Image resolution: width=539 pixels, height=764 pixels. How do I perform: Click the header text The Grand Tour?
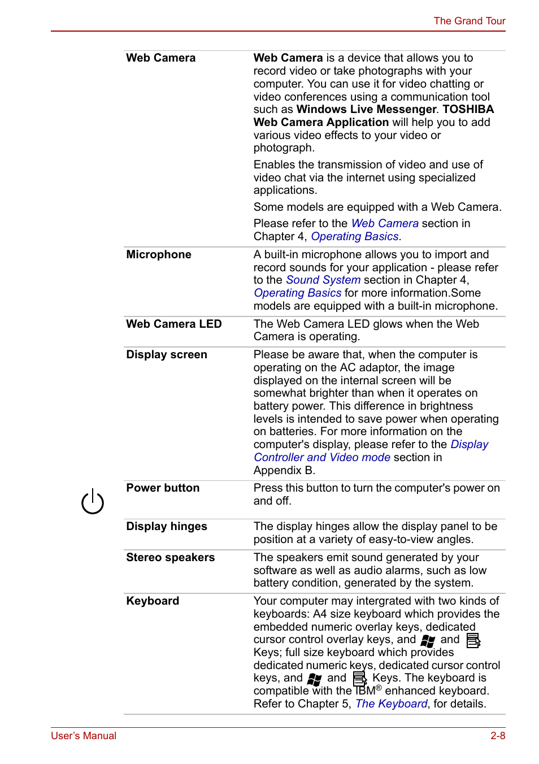click(469, 21)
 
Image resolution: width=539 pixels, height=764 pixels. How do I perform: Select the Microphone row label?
click(159, 254)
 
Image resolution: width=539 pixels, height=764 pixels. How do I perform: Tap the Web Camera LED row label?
click(173, 324)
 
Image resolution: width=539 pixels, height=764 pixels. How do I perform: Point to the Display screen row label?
click(167, 354)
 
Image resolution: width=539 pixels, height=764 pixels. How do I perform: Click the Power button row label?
click(163, 488)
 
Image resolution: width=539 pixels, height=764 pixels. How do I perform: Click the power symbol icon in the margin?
click(93, 502)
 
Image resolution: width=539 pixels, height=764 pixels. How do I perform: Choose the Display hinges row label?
click(167, 526)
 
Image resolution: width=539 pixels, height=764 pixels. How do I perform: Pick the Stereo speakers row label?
click(170, 557)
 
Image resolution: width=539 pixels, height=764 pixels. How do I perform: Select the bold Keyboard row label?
click(153, 601)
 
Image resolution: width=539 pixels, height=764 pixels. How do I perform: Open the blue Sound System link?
click(323, 280)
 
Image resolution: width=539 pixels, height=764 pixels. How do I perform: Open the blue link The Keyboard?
click(391, 704)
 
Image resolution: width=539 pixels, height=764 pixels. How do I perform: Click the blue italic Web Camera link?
click(385, 223)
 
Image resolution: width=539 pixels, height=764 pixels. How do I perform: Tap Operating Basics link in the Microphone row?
click(298, 293)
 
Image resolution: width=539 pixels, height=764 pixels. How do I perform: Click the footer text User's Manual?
click(84, 736)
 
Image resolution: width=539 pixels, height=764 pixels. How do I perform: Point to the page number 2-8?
click(498, 736)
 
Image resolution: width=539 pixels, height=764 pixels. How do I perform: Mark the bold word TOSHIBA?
click(468, 109)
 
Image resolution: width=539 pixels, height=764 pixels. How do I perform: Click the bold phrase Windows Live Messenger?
click(366, 109)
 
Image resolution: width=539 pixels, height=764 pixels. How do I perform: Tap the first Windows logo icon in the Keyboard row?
click(428, 640)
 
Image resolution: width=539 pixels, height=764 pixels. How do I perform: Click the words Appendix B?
click(284, 470)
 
